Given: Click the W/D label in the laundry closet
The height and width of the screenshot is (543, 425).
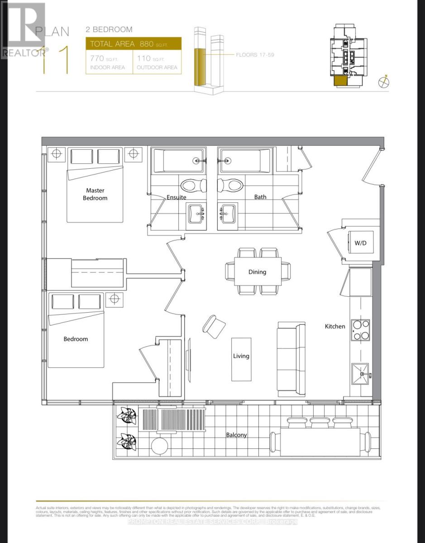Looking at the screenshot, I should [x=360, y=243].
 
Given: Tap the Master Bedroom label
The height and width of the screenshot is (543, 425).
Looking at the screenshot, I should [x=95, y=195].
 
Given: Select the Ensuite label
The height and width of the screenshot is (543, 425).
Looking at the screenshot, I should [x=177, y=197].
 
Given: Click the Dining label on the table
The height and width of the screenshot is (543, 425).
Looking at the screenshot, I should [x=257, y=272].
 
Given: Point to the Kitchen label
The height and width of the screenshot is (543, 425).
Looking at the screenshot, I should [x=335, y=326].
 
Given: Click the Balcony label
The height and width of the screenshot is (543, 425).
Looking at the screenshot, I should [x=237, y=435].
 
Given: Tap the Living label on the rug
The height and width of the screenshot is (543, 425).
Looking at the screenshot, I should [x=241, y=356].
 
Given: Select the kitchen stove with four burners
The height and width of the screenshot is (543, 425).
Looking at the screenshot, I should [x=360, y=330].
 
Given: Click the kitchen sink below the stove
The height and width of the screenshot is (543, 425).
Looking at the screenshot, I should [x=360, y=374].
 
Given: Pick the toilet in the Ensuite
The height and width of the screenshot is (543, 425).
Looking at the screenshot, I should [x=193, y=185].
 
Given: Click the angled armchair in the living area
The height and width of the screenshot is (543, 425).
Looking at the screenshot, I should [x=214, y=326].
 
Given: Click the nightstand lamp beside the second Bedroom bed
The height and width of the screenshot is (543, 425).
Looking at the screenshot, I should [x=114, y=299].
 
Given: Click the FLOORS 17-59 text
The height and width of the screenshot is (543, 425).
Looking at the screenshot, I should [x=255, y=55].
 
